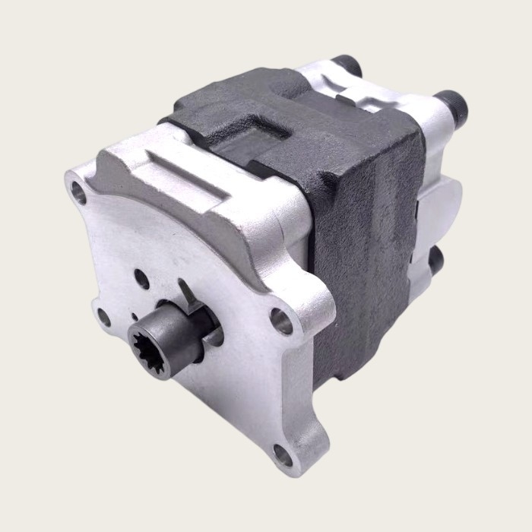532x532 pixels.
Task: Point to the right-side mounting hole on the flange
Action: [282, 320]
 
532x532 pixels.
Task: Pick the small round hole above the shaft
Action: [142, 279]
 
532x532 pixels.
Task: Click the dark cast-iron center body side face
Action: [365, 251]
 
